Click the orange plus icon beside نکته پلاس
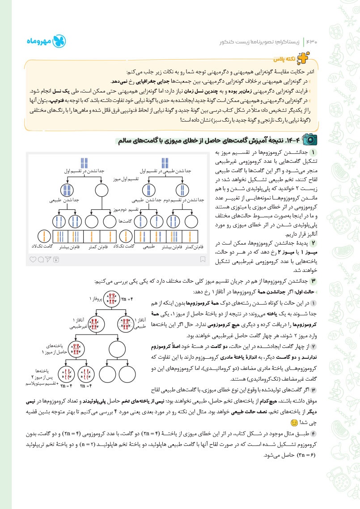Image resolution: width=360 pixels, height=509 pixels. (x=314, y=59)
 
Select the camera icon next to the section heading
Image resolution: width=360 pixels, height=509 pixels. (x=309, y=140)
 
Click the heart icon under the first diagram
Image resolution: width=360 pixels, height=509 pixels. (x=32, y=259)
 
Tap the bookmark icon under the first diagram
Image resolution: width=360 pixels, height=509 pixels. (x=203, y=259)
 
